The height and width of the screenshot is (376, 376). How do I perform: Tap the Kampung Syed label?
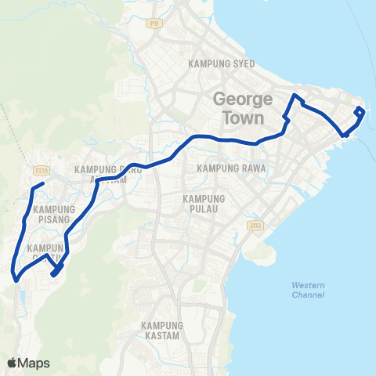222,64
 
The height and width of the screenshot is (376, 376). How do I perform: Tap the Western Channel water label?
308,289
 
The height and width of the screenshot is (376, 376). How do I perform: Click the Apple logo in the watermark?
13,363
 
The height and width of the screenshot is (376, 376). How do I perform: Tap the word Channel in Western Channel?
308,295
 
